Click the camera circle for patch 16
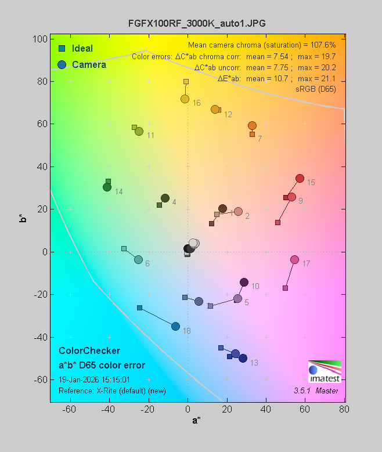(185, 99)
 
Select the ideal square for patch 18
(139, 308)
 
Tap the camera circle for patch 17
(294, 259)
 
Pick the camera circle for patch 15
(300, 178)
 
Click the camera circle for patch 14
(107, 187)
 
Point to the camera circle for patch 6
(138, 259)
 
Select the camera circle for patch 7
(252, 125)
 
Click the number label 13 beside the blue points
(254, 363)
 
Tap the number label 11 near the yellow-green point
(150, 135)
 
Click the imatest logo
(325, 371)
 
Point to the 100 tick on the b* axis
(40, 39)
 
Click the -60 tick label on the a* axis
(70, 410)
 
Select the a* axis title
(196, 420)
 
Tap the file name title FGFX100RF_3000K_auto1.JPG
(197, 23)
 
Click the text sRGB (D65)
(316, 89)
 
